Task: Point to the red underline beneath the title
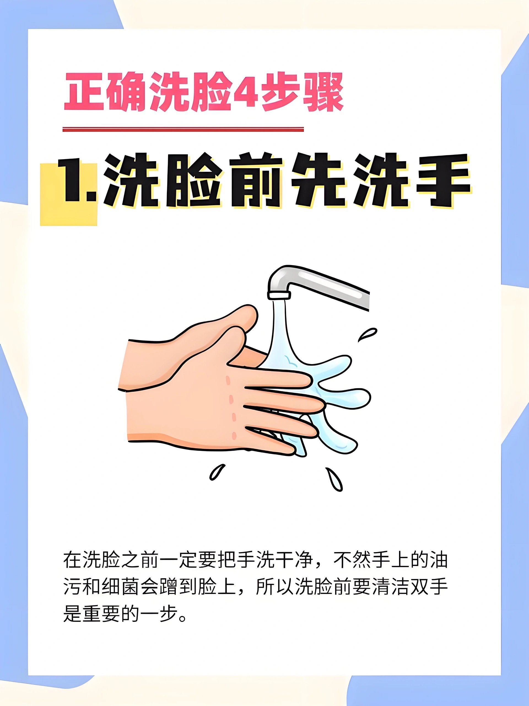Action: [183, 129]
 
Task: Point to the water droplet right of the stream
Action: [368, 335]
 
